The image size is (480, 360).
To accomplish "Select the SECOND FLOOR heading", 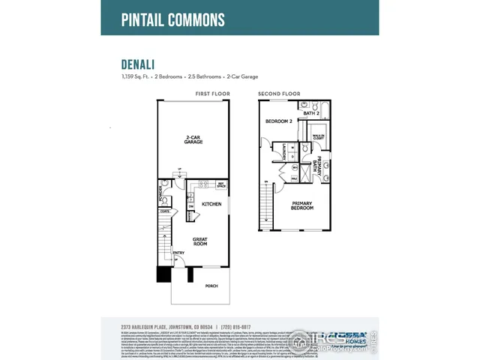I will (x=279, y=94).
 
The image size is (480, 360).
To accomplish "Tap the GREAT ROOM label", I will (x=199, y=241).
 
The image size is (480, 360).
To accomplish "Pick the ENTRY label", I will (x=179, y=253).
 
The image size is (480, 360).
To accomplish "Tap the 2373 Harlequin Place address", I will (x=157, y=327).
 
